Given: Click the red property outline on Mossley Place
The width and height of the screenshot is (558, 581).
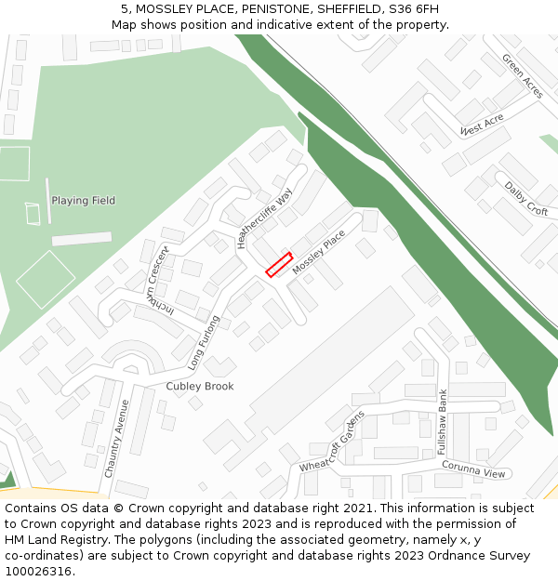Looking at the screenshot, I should [x=279, y=265].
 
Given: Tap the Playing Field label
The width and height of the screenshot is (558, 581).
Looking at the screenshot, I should [x=84, y=201].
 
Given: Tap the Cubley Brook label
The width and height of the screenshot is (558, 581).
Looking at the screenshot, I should [x=200, y=386].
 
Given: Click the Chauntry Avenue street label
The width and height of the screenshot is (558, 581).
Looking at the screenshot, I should [x=116, y=439].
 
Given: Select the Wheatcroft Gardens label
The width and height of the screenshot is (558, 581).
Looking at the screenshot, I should [x=332, y=441].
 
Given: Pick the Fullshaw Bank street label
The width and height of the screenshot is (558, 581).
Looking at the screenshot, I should [x=443, y=421].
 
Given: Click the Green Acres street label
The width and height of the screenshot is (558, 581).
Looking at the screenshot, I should [x=522, y=75].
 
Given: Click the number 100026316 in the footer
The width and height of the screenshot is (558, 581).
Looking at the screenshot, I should [x=38, y=571].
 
